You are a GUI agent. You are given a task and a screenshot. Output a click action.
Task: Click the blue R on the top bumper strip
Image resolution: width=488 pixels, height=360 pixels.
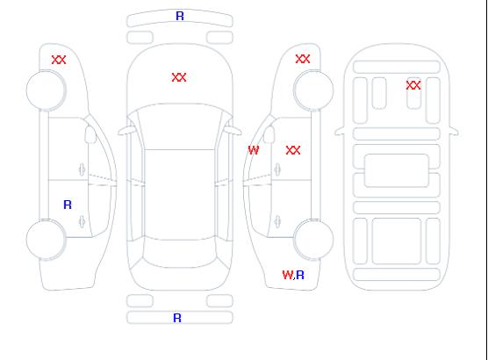(x=180, y=16)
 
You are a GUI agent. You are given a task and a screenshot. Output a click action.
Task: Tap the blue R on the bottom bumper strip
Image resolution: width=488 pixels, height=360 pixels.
(x=177, y=318)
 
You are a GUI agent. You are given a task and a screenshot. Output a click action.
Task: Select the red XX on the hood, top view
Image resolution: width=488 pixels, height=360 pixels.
(x=179, y=77)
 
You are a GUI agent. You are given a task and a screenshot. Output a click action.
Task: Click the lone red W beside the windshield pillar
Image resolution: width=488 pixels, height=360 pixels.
(x=254, y=150)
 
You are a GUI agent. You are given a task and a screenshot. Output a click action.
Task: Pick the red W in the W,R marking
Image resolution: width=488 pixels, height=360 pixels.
(x=288, y=275)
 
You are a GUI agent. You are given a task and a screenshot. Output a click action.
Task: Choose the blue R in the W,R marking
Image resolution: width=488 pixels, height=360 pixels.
(x=300, y=275)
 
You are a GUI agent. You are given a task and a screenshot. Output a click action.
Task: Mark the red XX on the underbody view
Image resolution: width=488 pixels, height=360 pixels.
(x=413, y=85)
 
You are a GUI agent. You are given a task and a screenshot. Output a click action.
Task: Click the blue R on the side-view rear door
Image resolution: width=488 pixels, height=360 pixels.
(x=68, y=205)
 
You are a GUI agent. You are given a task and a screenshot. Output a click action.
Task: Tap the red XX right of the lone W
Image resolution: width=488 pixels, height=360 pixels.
(x=293, y=150)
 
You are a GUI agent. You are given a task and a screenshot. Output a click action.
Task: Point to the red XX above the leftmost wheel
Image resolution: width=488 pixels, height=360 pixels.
(x=59, y=60)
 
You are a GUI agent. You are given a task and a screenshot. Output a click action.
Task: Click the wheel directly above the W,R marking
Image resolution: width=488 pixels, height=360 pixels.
(x=313, y=239)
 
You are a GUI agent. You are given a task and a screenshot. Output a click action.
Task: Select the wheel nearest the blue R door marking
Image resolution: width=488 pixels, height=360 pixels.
(x=46, y=240)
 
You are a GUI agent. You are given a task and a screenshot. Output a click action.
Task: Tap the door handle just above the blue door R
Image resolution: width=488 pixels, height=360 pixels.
(x=82, y=169)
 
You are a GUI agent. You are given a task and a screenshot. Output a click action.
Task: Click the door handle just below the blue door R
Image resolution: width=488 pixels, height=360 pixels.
(x=82, y=221)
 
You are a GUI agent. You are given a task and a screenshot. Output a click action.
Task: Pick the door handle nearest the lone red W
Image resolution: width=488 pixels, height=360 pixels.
(x=277, y=169)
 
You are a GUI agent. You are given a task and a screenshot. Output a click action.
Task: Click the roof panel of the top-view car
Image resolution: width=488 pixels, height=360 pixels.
(x=180, y=194)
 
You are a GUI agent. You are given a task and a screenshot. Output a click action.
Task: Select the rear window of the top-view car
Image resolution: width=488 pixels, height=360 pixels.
(x=180, y=253)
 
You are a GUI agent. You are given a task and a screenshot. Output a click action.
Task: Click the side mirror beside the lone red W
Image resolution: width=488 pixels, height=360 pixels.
(x=269, y=134)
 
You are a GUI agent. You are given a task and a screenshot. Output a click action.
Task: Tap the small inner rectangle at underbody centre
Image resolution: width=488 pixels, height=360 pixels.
(x=397, y=170)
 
